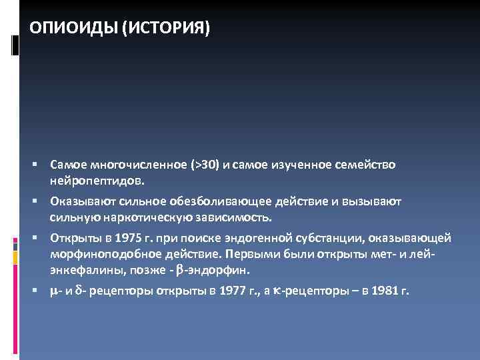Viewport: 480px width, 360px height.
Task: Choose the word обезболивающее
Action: point(210,201)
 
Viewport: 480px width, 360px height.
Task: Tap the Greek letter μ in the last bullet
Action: point(54,291)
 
